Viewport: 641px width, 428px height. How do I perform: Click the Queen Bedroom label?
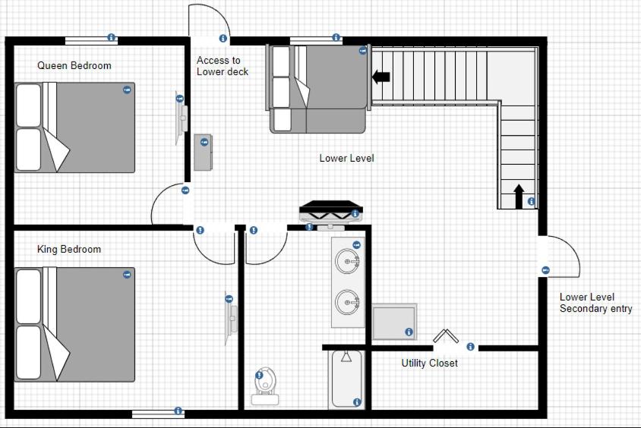74,65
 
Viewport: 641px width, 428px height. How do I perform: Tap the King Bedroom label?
69,249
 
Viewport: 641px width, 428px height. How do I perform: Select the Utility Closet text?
430,363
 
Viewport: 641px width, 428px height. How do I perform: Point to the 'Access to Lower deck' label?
223,66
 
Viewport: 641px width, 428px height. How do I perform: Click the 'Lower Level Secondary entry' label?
595,303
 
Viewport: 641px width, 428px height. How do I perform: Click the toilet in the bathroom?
265,386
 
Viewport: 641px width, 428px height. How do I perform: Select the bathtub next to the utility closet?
346,379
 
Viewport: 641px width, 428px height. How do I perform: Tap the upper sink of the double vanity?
348,260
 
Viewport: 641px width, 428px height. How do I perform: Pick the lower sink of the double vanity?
348,302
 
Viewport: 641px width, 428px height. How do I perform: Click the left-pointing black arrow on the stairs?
381,77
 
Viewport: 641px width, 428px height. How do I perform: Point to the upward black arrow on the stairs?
519,197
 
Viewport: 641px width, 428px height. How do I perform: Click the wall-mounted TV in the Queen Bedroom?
182,118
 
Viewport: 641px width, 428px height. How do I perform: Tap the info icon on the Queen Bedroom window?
111,37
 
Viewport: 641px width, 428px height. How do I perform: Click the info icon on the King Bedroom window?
178,411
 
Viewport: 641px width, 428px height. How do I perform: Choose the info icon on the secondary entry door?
545,270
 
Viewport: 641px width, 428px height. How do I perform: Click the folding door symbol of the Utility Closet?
446,335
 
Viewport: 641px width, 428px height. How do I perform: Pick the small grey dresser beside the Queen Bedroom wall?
203,152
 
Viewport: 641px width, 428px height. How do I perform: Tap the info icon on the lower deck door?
223,38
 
